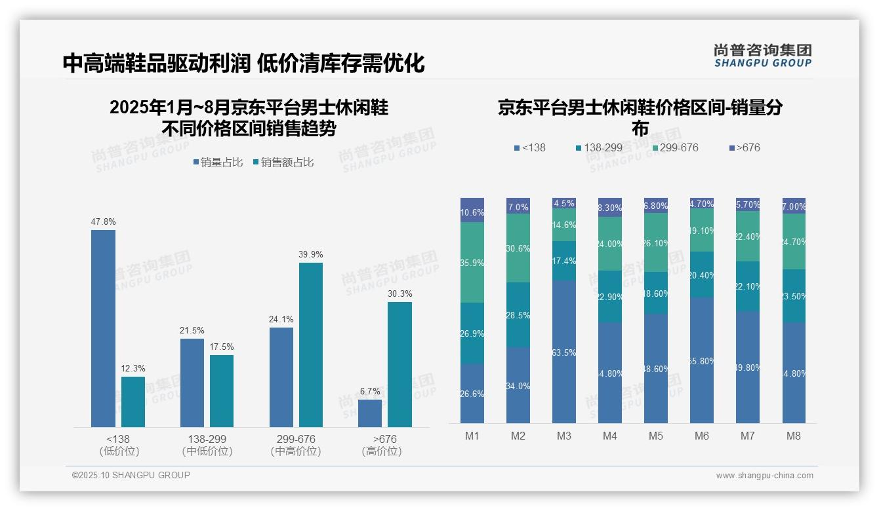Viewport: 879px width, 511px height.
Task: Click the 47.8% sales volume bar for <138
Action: click(x=103, y=328)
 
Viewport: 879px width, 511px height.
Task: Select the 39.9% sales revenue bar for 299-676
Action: click(x=311, y=345)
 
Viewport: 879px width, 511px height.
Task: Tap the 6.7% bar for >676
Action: click(x=370, y=413)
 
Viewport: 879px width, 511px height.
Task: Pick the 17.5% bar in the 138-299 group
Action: click(x=222, y=391)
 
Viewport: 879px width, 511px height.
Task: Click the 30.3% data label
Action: click(x=400, y=293)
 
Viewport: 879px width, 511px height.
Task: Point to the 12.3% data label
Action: click(x=133, y=368)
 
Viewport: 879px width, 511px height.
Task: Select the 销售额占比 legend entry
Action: click(x=283, y=162)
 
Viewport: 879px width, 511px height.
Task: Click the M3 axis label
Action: click(x=564, y=436)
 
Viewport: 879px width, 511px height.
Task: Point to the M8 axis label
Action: click(x=794, y=436)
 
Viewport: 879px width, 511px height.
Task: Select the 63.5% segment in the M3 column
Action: click(x=564, y=352)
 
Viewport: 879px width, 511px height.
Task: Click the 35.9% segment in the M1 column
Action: click(x=472, y=262)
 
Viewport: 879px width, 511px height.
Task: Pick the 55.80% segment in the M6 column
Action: click(x=702, y=360)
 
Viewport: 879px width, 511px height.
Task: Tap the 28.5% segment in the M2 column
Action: click(x=518, y=314)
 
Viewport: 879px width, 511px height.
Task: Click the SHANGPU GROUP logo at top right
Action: click(x=762, y=56)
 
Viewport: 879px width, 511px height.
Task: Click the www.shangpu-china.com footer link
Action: click(x=764, y=476)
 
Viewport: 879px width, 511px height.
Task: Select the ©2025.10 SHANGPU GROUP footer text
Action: click(x=131, y=475)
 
